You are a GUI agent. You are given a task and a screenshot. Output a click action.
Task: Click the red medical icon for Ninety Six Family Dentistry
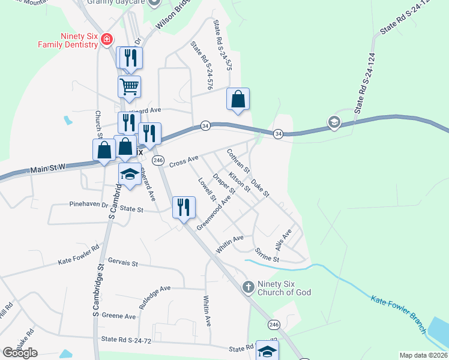point(107,40)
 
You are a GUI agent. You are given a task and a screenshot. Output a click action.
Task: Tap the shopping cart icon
point(130,87)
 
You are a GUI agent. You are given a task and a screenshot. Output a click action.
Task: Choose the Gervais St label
point(123,263)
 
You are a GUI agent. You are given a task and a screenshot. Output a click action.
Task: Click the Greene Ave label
point(119,316)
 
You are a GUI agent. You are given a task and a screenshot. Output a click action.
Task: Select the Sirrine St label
point(267,254)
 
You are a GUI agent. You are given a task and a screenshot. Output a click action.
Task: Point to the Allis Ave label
point(283,239)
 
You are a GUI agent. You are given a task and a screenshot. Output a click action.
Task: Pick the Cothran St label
point(238,163)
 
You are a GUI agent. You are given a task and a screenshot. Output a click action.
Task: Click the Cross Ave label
point(184,161)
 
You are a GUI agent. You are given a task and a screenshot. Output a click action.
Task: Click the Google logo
point(20,353)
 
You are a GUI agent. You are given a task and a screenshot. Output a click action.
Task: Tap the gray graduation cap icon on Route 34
point(333,123)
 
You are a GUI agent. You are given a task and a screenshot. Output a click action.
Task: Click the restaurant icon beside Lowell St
point(184,207)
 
